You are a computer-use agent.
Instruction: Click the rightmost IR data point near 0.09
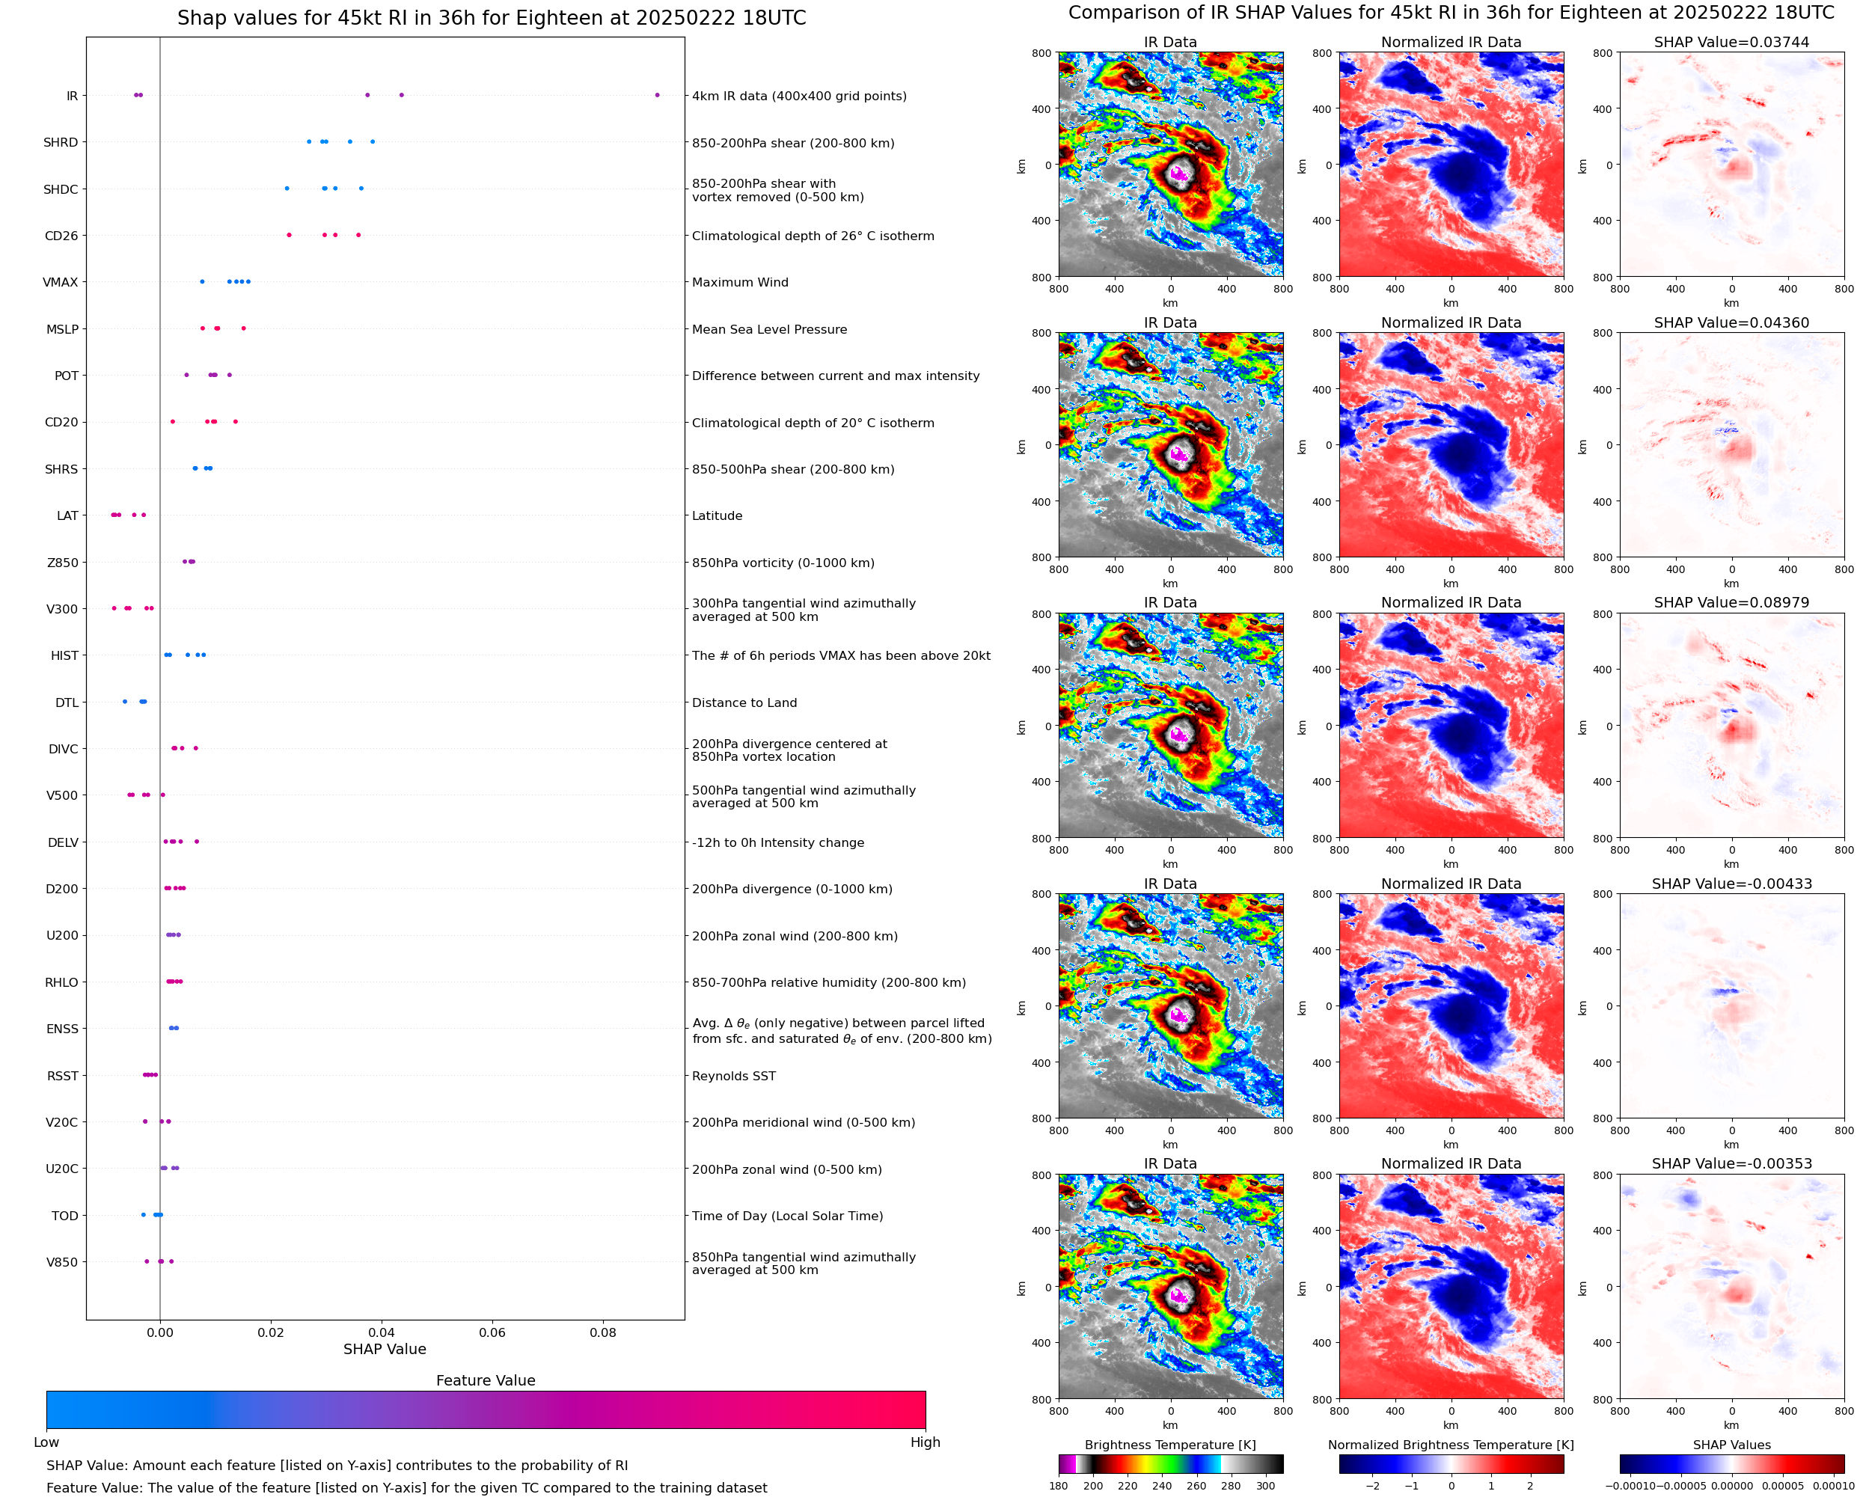pyautogui.click(x=657, y=95)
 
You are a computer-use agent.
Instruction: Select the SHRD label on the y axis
pyautogui.click(x=61, y=143)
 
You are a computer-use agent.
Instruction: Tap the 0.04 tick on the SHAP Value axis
pyautogui.click(x=381, y=1332)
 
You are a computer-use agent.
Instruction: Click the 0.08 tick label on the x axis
pyautogui.click(x=602, y=1332)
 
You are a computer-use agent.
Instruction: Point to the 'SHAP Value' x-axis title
pyautogui.click(x=385, y=1350)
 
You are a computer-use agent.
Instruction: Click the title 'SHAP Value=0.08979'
pyautogui.click(x=1731, y=602)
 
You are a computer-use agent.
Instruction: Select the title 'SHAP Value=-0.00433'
pyautogui.click(x=1731, y=884)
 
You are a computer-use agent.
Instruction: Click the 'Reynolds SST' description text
pyautogui.click(x=733, y=1076)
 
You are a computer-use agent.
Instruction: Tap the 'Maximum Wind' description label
pyautogui.click(x=739, y=282)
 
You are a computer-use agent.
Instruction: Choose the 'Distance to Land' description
pyautogui.click(x=744, y=703)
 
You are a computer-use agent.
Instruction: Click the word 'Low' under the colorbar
pyautogui.click(x=46, y=1442)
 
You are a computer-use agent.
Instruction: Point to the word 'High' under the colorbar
pyautogui.click(x=925, y=1442)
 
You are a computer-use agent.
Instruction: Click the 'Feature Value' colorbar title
pyautogui.click(x=486, y=1381)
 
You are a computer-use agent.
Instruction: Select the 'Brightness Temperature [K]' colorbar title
pyautogui.click(x=1169, y=1445)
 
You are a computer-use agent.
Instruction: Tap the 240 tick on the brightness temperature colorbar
pyautogui.click(x=1162, y=1486)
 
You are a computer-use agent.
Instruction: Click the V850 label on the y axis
pyautogui.click(x=61, y=1262)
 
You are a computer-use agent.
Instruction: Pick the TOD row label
pyautogui.click(x=65, y=1216)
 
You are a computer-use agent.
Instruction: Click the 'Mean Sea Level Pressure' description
pyautogui.click(x=768, y=330)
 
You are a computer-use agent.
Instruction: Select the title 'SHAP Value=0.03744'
pyautogui.click(x=1731, y=43)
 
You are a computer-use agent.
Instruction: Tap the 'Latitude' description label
pyautogui.click(x=717, y=516)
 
